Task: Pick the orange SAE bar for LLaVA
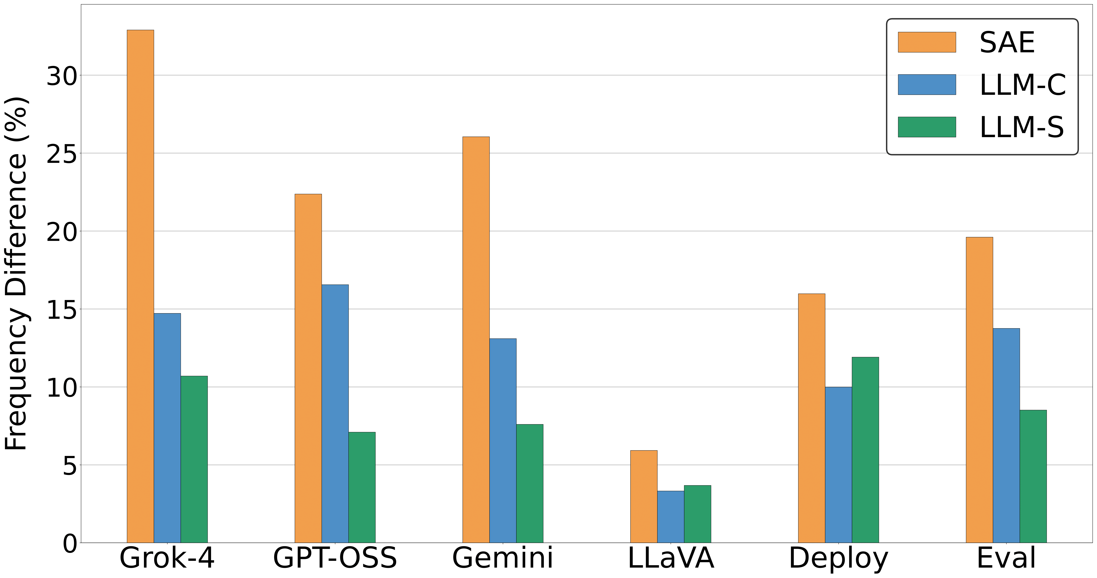click(643, 497)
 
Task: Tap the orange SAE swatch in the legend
click(927, 42)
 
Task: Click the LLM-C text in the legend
click(1022, 85)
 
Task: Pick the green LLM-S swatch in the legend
click(927, 127)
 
